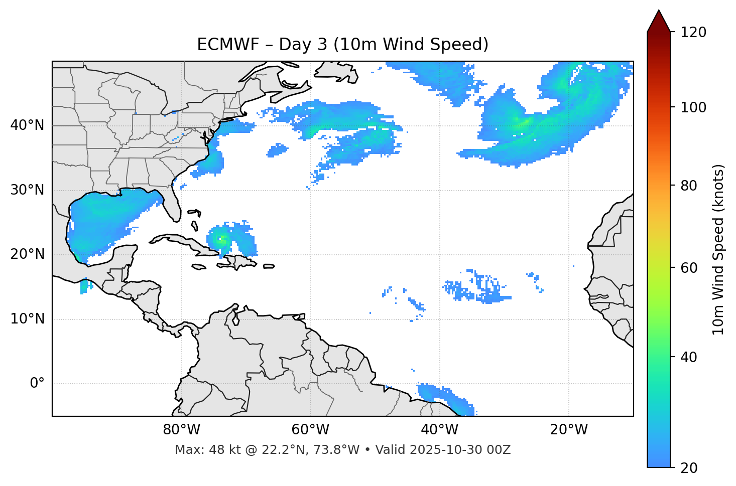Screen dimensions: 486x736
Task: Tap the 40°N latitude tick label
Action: tap(27, 125)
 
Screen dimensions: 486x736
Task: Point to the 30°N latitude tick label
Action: tap(27, 190)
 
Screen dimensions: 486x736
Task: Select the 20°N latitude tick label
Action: tap(27, 254)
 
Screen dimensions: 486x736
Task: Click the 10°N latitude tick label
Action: tap(27, 319)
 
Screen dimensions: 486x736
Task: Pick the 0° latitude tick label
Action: tap(37, 384)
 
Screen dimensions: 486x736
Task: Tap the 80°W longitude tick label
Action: tap(181, 430)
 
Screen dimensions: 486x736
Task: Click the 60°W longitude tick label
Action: tap(310, 430)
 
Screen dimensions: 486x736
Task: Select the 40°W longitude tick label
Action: tap(439, 430)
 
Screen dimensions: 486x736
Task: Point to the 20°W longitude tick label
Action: tap(568, 430)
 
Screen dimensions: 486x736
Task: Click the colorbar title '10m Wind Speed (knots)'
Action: tap(718, 250)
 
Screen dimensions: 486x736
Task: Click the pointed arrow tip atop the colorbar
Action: tap(659, 12)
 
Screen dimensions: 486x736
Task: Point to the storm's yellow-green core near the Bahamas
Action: tap(221, 240)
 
